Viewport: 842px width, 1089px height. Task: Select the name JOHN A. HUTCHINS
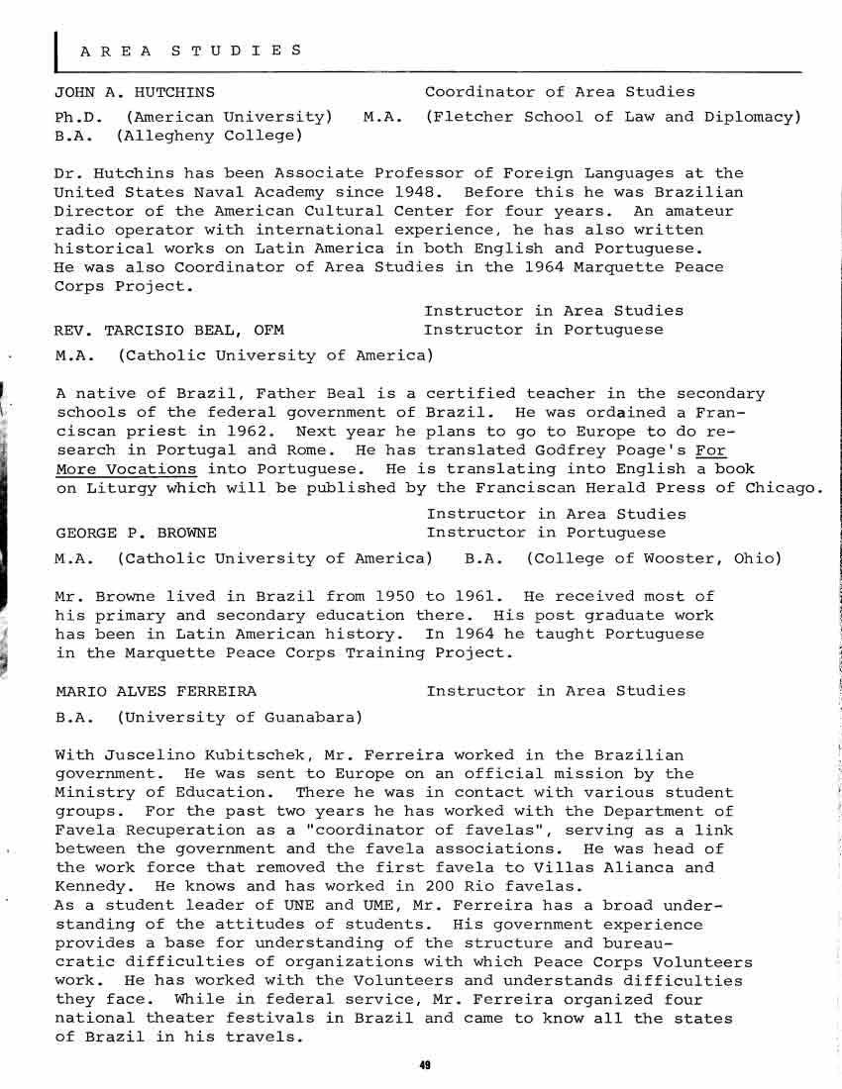coord(135,92)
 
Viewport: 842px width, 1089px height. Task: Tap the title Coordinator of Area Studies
coord(560,92)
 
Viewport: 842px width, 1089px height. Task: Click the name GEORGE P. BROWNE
coord(136,533)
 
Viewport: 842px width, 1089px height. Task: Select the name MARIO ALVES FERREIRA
coord(156,691)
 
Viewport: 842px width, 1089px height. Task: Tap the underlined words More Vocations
coord(126,468)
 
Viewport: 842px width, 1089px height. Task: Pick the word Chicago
coord(783,487)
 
